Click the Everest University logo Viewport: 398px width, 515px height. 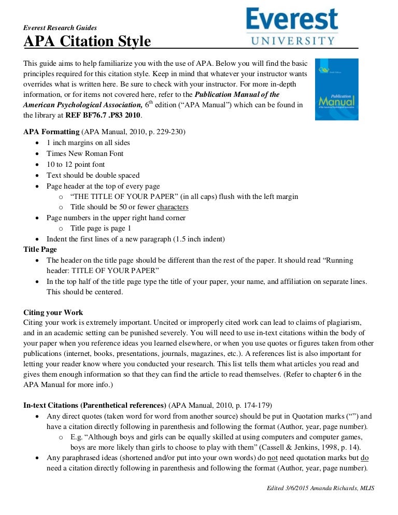292,26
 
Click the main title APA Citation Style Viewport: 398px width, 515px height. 87,41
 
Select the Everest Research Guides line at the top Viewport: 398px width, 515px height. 60,27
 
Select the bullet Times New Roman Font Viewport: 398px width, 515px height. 85,153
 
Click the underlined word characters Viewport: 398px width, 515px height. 173,207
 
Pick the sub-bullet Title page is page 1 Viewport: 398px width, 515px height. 101,228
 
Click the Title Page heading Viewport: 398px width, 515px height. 40,250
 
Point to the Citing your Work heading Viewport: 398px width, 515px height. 53,312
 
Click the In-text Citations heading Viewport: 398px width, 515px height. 95,404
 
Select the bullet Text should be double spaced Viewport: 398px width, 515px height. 93,175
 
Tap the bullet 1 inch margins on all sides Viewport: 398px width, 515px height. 88,142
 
